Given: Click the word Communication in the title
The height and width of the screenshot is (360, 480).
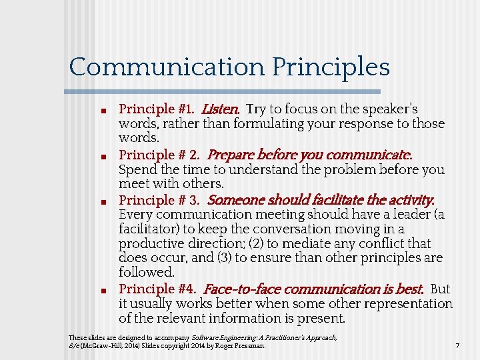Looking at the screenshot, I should (x=167, y=67).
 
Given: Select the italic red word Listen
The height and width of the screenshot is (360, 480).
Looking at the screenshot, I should (x=221, y=109).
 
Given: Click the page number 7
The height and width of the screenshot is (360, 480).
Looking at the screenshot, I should (x=457, y=346).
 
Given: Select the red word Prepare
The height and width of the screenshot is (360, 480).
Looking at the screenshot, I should (x=231, y=155).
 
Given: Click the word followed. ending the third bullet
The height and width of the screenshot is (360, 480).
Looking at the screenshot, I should (x=147, y=272).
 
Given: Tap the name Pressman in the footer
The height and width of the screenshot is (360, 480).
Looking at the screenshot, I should (x=251, y=346).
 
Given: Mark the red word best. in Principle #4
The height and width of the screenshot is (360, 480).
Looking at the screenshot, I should (x=409, y=289).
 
